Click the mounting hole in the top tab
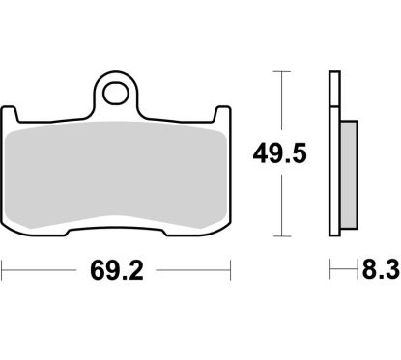click(116, 95)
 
